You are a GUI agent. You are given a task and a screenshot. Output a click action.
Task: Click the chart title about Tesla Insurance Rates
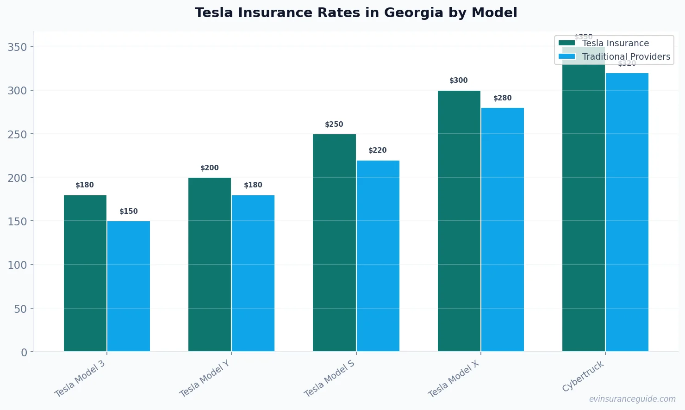[x=356, y=12]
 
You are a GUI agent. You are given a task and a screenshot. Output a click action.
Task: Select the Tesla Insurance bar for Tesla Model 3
[x=85, y=273]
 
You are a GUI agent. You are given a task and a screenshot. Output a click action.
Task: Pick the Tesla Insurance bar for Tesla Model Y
[x=210, y=264]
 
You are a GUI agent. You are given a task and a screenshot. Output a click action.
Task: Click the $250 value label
[x=334, y=124]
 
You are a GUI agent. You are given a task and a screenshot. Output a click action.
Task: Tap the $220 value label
[x=378, y=150]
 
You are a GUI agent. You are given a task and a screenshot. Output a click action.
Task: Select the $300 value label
[x=459, y=81]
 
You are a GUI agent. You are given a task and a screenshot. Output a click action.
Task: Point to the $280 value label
[x=502, y=98]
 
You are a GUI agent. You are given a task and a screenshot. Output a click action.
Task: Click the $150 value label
[x=129, y=211]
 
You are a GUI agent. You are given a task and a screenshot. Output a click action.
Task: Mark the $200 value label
[x=210, y=168]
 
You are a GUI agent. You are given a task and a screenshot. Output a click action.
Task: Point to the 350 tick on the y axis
[x=17, y=47]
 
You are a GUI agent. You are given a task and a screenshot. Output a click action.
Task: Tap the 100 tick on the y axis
[x=17, y=265]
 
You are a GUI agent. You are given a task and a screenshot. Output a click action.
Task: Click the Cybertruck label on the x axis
[x=583, y=376]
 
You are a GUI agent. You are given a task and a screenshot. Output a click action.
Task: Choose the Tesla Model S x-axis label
[x=330, y=378]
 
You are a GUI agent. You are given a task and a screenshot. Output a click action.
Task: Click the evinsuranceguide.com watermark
[x=632, y=399]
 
